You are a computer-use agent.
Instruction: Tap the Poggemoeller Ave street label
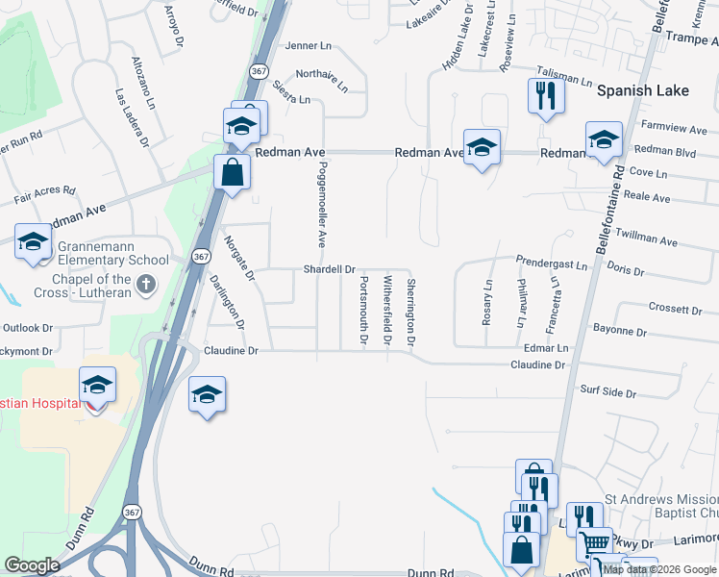click(x=323, y=204)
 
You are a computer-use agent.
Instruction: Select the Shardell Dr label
click(x=330, y=270)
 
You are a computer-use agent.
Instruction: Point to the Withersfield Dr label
click(x=387, y=311)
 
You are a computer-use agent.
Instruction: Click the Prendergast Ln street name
click(x=551, y=262)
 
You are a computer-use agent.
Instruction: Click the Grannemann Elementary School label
click(x=113, y=260)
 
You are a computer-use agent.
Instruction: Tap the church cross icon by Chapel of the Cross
click(x=145, y=284)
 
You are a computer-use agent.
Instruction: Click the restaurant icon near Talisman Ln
click(x=545, y=95)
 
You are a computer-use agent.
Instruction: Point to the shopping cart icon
click(x=594, y=543)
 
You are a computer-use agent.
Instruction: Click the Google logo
click(x=32, y=565)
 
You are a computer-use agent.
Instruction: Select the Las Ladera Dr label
click(x=132, y=117)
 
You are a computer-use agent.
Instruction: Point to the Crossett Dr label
click(x=675, y=309)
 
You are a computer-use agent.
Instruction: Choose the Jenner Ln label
click(x=306, y=45)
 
